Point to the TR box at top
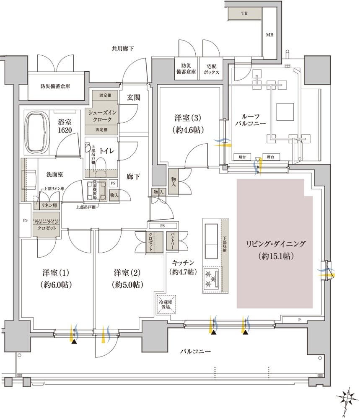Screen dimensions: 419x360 244,13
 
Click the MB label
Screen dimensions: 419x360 269,34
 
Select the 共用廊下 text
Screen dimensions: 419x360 122,49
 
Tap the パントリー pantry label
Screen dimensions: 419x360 173,241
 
